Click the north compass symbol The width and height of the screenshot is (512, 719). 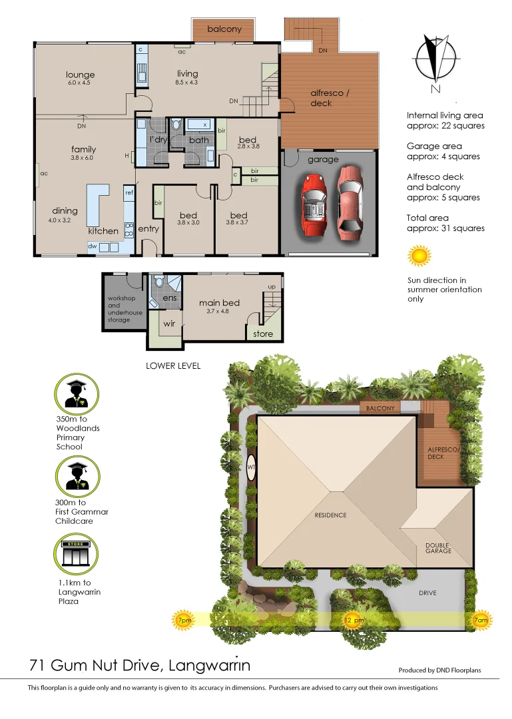[x=433, y=65]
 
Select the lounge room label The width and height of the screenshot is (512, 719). [x=80, y=75]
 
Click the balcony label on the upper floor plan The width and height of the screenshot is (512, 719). [x=224, y=29]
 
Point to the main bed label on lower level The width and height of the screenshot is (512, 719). [x=218, y=304]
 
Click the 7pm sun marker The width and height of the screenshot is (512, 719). [x=184, y=620]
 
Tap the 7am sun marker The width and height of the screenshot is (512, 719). [x=479, y=620]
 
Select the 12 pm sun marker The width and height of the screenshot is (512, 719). [x=354, y=620]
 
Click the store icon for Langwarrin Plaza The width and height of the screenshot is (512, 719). [x=77, y=555]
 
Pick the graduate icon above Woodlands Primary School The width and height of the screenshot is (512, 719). [x=77, y=393]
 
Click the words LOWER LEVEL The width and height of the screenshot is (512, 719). [x=173, y=365]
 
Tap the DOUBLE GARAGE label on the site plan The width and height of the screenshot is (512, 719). [x=439, y=548]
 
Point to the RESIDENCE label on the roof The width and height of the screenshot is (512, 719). [x=331, y=515]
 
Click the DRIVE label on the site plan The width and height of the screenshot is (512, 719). [x=427, y=593]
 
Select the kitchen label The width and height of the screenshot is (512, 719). [x=103, y=231]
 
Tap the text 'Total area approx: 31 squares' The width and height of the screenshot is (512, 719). [x=445, y=223]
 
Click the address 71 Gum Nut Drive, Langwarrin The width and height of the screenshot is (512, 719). [x=140, y=665]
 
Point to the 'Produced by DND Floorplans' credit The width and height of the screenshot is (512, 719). [x=439, y=670]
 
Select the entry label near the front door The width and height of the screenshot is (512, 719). [x=148, y=229]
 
